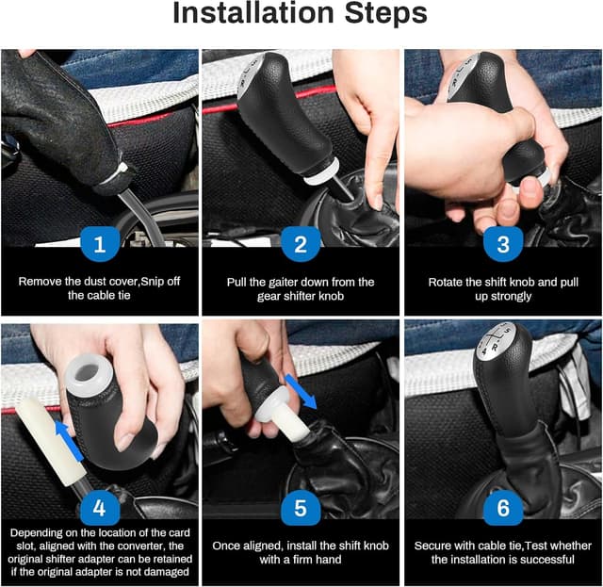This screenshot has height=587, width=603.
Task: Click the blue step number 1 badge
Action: pos(100,244)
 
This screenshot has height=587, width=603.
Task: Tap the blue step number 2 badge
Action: pos(301,244)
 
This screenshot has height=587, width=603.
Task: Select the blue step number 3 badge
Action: pos(503,244)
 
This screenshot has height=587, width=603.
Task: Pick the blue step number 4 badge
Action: pos(100,508)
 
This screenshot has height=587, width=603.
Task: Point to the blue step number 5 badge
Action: pos(301,508)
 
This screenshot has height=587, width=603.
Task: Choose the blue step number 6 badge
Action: pos(503,508)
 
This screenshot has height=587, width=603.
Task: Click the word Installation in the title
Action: pos(253,12)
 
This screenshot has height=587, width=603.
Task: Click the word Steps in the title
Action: pos(385,12)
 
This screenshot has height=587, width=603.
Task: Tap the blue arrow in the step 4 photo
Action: pos(69,441)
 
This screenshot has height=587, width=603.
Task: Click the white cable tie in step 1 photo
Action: pos(115,174)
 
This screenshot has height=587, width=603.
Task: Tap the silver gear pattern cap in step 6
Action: pos(496,339)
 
